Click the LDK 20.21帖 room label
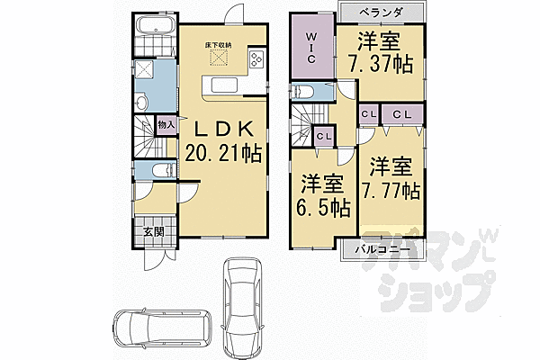pyautogui.click(x=223, y=141)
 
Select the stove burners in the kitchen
pyautogui.click(x=256, y=58)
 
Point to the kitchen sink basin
pyautogui.click(x=224, y=85)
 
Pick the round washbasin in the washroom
pyautogui.click(x=141, y=103)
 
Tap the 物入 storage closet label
pyautogui.click(x=166, y=125)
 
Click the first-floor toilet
pyautogui.click(x=163, y=170)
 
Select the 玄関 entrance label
pyautogui.click(x=153, y=232)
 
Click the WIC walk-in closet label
pyautogui.click(x=311, y=48)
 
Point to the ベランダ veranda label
pyautogui.click(x=381, y=13)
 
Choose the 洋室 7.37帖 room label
pyautogui.click(x=380, y=52)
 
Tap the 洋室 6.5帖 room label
pyautogui.click(x=323, y=195)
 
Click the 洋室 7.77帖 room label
pyautogui.click(x=391, y=178)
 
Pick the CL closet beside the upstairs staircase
pyautogui.click(x=324, y=137)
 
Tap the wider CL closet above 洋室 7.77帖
pyautogui.click(x=402, y=114)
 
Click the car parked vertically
pyautogui.click(x=242, y=308)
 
